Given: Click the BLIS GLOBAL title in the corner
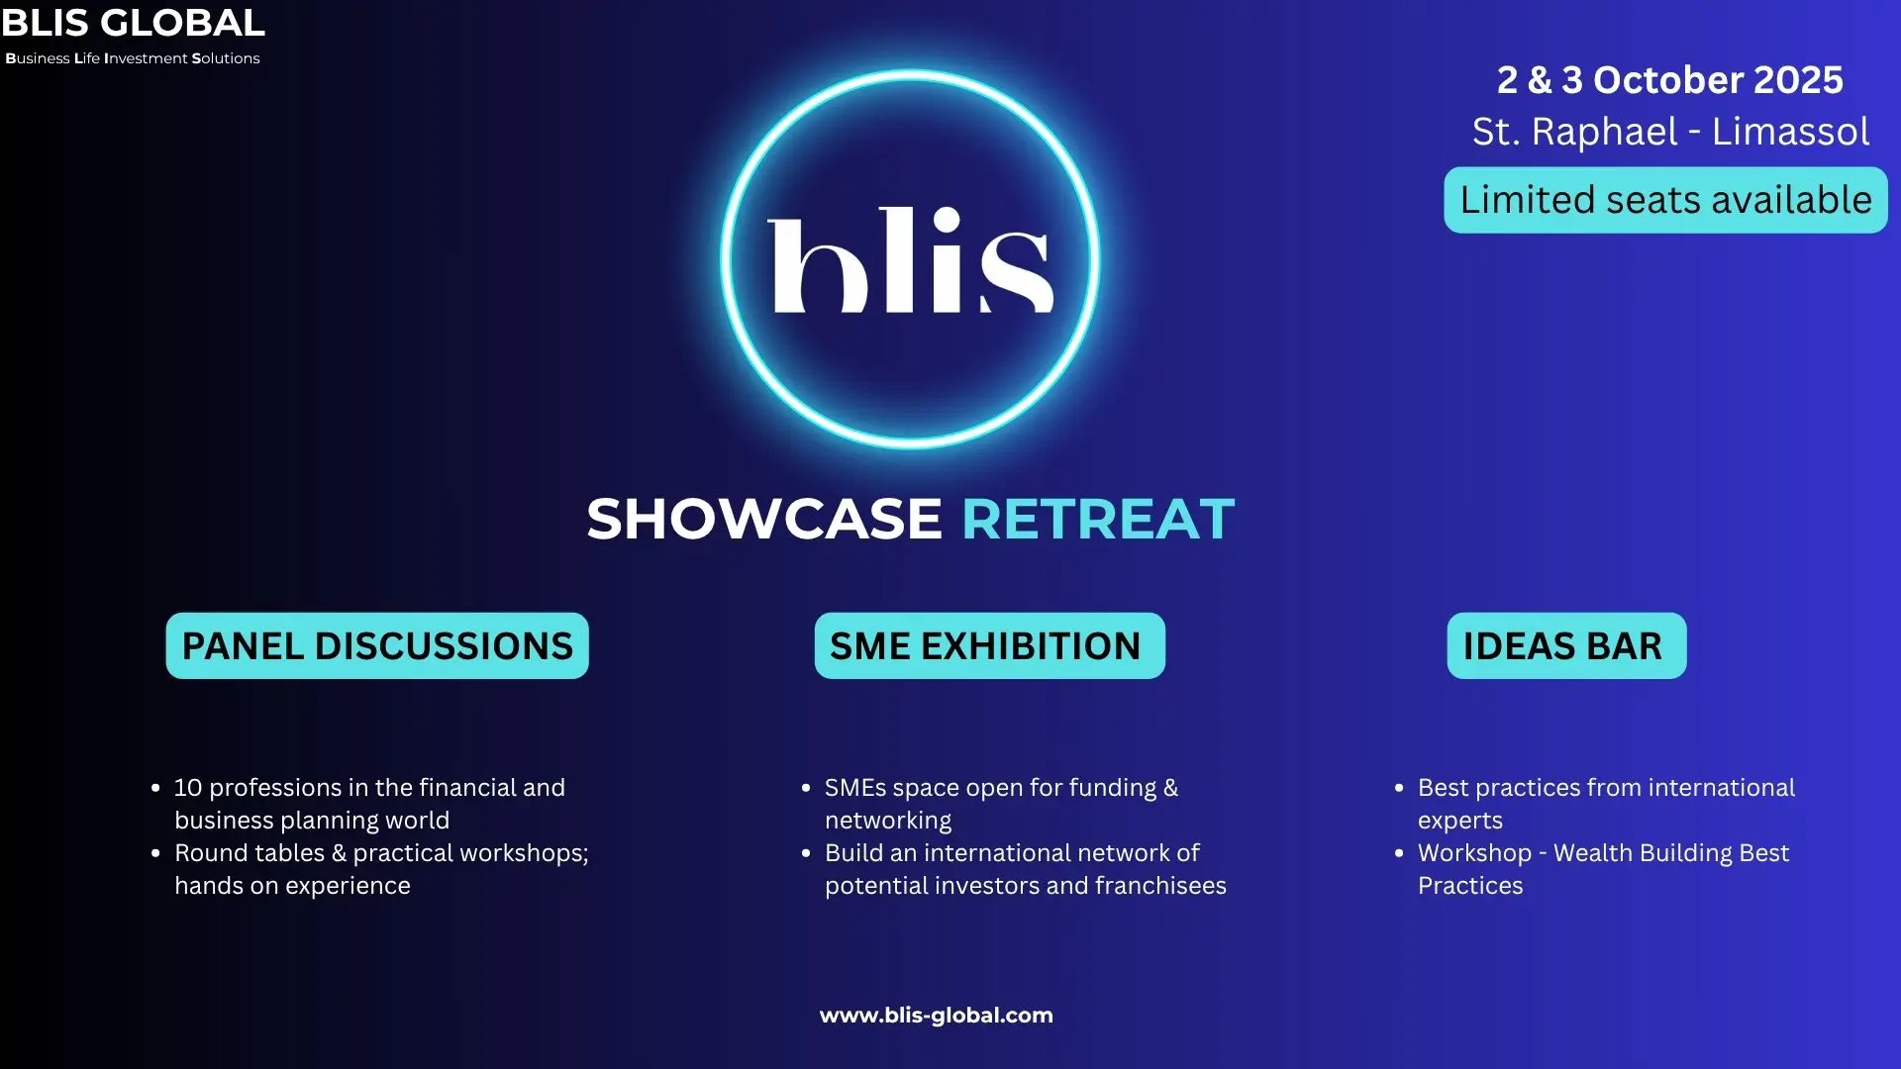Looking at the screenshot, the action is (x=133, y=22).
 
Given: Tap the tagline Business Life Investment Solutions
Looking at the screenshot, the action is (x=133, y=58).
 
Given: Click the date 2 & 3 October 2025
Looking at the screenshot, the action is (x=1669, y=80).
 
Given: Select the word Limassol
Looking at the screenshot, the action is (x=1790, y=132).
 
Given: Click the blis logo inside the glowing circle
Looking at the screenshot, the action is (x=910, y=260).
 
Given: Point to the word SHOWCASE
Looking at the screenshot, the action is (x=763, y=519).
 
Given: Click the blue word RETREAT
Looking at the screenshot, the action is (x=1098, y=519).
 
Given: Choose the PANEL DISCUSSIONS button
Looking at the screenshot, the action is (x=377, y=645).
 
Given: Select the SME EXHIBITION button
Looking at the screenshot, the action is (x=989, y=645).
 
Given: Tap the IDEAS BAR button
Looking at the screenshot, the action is (x=1566, y=645).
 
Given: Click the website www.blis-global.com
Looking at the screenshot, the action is (x=936, y=1016).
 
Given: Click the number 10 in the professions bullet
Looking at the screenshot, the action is (x=188, y=788).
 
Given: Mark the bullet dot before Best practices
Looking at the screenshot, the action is (x=1399, y=788).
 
